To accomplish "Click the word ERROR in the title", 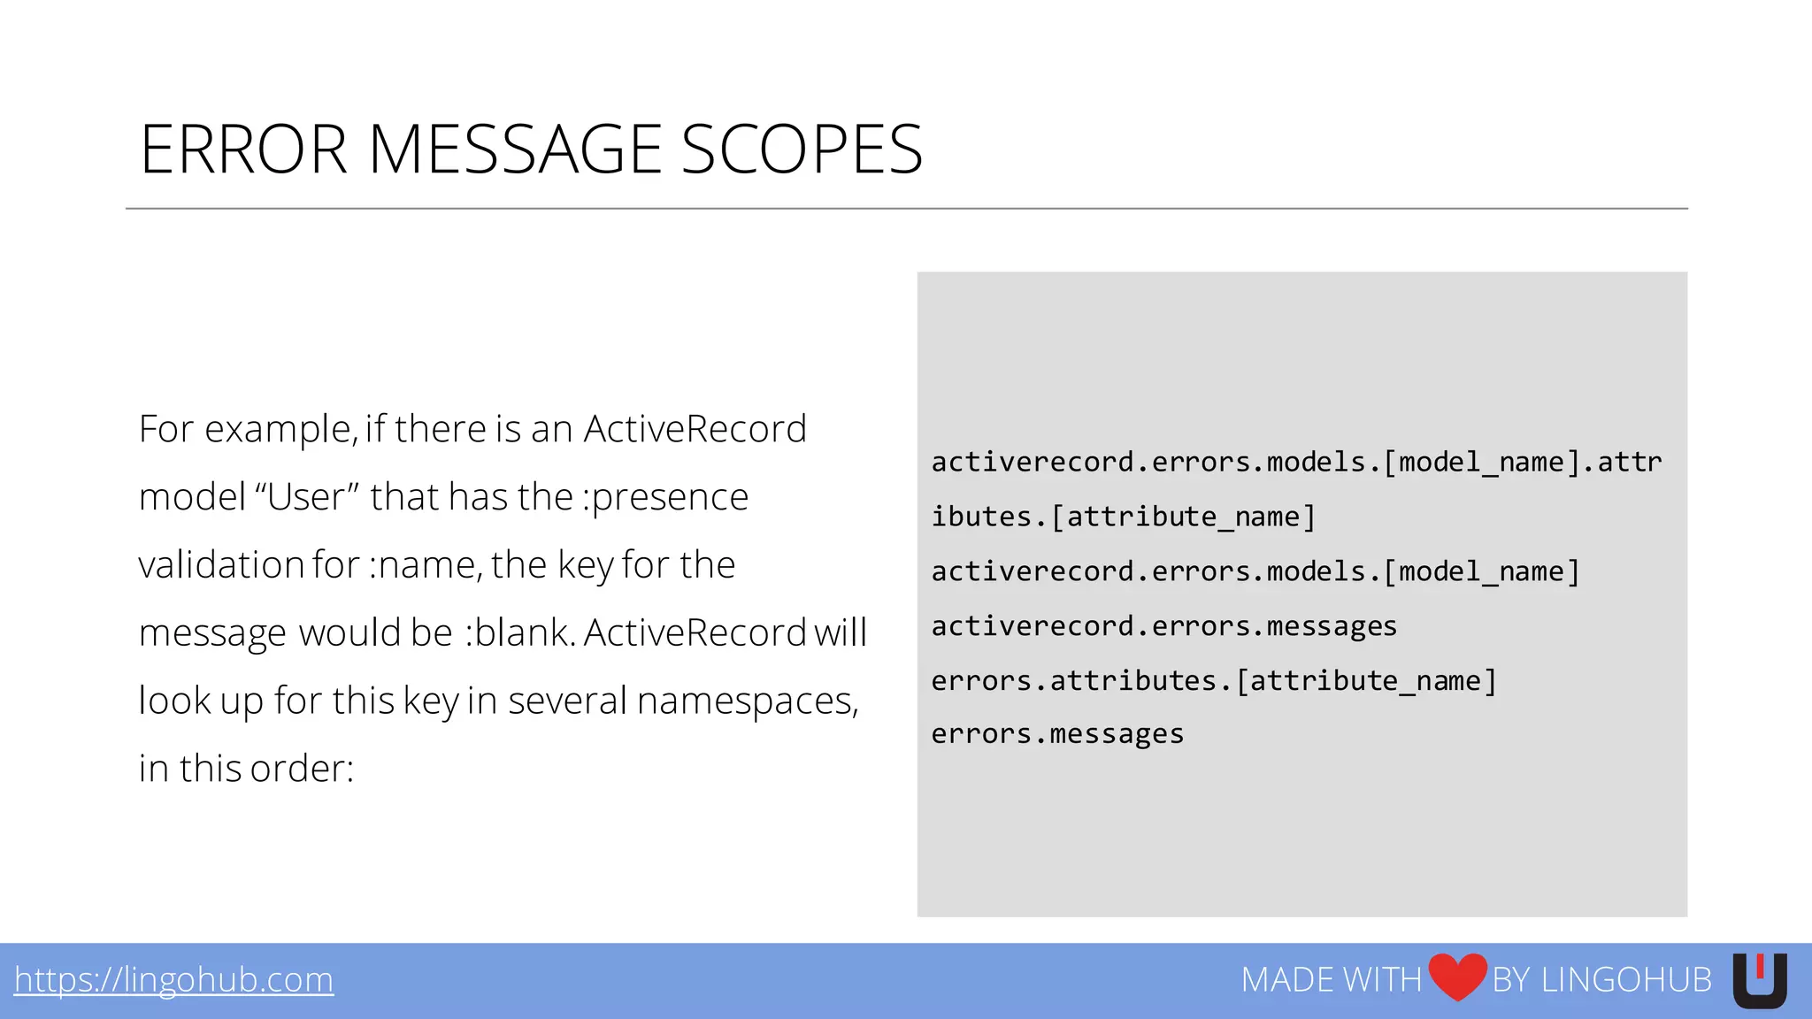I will tap(243, 149).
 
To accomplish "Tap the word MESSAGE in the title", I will tap(514, 149).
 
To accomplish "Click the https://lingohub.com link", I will tap(174, 980).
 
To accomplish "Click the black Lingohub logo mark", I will tap(1759, 980).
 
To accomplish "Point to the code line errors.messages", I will tap(1057, 734).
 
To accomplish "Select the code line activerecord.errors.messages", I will tap(1163, 626).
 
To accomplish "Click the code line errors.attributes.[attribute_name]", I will tap(1214, 681).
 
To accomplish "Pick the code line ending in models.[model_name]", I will tap(1255, 572).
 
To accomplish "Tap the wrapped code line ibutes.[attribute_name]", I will tap(1124, 517).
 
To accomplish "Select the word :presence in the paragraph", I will tap(665, 497).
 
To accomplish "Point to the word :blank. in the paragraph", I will tap(520, 633).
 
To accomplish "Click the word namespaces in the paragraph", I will tap(748, 701).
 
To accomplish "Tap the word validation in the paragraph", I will tap(221, 565).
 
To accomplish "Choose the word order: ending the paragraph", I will tap(302, 769).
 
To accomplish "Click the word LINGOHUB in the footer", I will tap(1626, 980).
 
